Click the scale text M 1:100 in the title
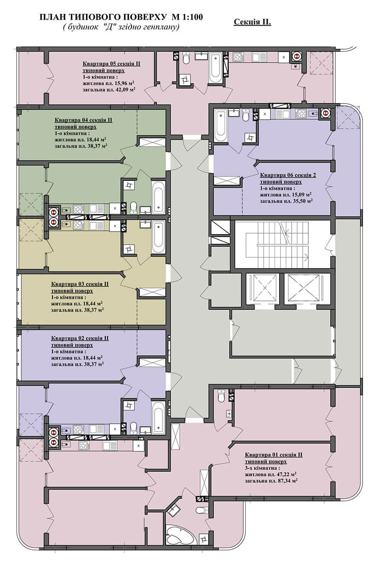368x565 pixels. pos(187,17)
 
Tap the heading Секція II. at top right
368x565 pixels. pos(252,22)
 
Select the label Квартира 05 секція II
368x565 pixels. pos(111,63)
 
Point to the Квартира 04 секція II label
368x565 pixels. pos(83,120)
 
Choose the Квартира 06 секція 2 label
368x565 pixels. pos(288,175)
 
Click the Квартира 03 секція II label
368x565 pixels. pos(80,284)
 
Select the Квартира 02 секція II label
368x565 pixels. pos(80,338)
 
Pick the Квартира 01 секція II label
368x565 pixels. pos(274,455)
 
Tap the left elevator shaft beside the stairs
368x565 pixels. pos(262,288)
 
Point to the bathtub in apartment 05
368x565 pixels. pos(216,67)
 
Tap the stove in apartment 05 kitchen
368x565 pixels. pos(238,57)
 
